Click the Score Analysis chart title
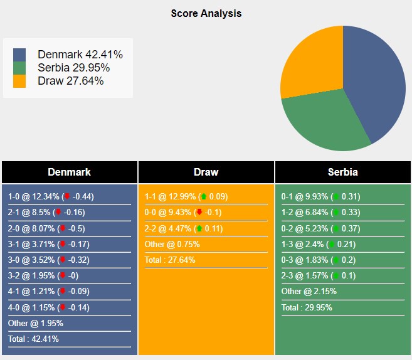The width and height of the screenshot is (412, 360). pyautogui.click(x=206, y=13)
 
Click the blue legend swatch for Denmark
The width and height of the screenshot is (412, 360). pyautogui.click(x=19, y=55)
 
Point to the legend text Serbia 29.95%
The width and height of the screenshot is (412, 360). pyautogui.click(x=74, y=68)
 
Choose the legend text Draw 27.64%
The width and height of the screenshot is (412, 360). pyautogui.click(x=70, y=81)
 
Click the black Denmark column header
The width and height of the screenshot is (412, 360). pyautogui.click(x=69, y=172)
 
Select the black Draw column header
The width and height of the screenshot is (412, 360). pyautogui.click(x=206, y=172)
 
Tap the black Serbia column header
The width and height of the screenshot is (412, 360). pyautogui.click(x=342, y=172)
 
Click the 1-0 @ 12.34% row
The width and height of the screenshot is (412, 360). pyautogui.click(x=51, y=196)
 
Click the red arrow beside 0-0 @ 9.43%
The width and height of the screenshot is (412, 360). pyautogui.click(x=199, y=213)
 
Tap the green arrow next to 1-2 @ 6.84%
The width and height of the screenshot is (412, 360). pyautogui.click(x=335, y=213)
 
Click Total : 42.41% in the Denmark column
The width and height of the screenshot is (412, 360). pyautogui.click(x=33, y=339)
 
